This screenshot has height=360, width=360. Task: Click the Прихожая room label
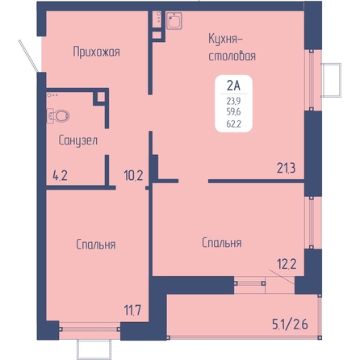pos(96,52)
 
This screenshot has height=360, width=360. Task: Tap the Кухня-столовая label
pos(232,48)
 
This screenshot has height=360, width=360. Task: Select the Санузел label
pos(78,140)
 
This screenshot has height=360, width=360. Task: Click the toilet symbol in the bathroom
pos(58,116)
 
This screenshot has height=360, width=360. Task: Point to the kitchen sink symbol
pos(174,20)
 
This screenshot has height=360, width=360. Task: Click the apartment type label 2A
pos(233,86)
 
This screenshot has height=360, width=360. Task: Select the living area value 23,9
pos(233,101)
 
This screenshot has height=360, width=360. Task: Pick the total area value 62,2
pos(233,123)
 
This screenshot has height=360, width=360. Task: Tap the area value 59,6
pos(233,111)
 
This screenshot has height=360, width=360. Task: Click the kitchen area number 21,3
pos(287,168)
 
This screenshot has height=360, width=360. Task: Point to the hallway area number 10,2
pos(133,176)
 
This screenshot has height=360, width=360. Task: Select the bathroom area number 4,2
pos(60,175)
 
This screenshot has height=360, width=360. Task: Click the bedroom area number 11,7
pos(132,310)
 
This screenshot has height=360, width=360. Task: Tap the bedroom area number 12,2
pos(287,264)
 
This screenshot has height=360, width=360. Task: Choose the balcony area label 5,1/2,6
pos(290,324)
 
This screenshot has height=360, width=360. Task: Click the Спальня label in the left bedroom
pos(96,245)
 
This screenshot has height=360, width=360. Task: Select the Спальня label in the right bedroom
pos(222,243)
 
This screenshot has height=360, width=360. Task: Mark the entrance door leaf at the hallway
pos(28,56)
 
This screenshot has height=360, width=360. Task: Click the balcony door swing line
pos(282,277)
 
